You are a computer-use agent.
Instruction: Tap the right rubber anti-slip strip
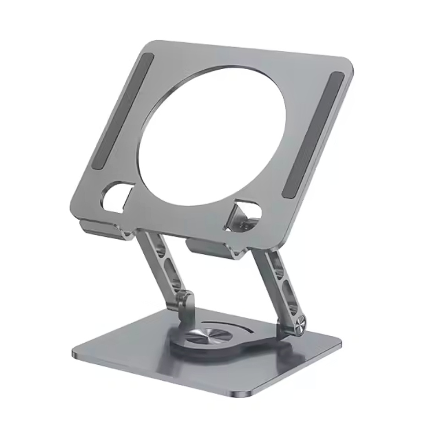(x=313, y=135)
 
